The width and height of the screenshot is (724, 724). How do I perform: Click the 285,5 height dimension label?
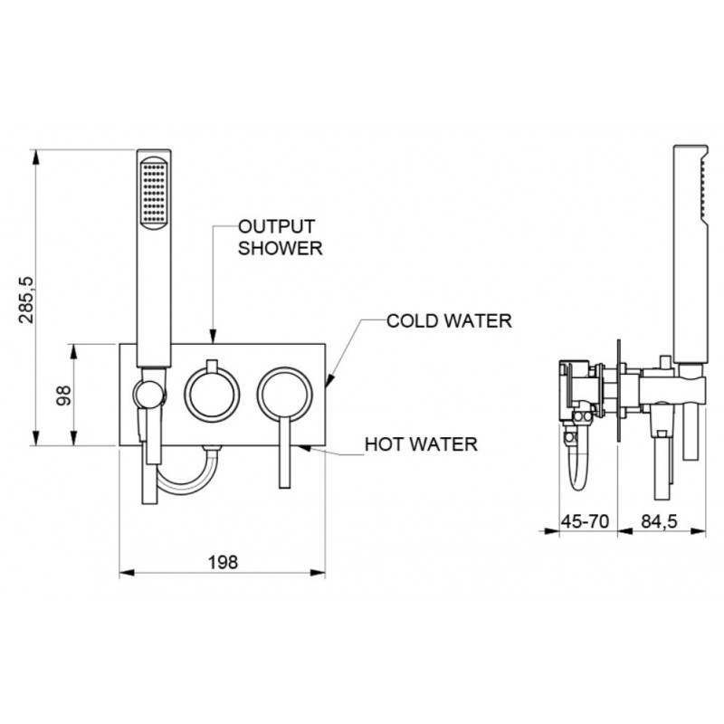(x=26, y=300)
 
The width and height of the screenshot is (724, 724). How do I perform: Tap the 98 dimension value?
(x=63, y=395)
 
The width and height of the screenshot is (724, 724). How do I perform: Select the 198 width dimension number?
(x=223, y=562)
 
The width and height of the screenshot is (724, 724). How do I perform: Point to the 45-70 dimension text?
(x=585, y=521)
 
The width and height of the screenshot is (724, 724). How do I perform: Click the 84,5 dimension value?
(x=659, y=521)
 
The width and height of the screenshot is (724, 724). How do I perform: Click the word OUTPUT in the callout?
(x=277, y=227)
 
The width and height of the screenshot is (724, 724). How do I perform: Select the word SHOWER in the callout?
(x=280, y=248)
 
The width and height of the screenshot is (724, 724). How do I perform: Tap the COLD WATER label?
(x=449, y=321)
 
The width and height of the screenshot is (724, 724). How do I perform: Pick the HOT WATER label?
(x=421, y=444)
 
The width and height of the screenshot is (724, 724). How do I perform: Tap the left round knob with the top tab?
(x=212, y=394)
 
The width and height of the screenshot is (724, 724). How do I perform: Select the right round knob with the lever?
(x=285, y=395)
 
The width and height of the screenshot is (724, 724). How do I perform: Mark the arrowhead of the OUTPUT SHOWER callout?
(x=213, y=336)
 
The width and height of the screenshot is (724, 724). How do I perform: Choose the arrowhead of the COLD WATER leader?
(x=329, y=380)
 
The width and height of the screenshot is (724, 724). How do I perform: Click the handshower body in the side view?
(x=691, y=254)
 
